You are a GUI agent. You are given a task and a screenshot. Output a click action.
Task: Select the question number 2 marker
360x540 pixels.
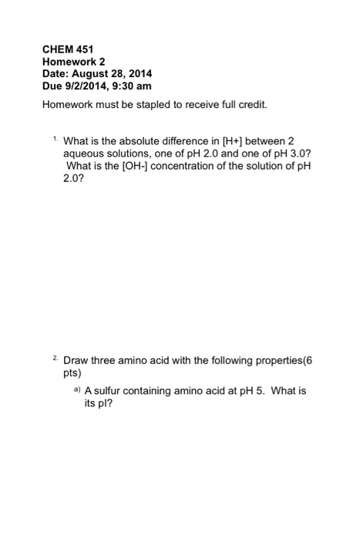click(x=56, y=357)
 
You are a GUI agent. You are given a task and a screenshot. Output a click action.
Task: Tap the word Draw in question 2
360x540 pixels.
click(x=77, y=360)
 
